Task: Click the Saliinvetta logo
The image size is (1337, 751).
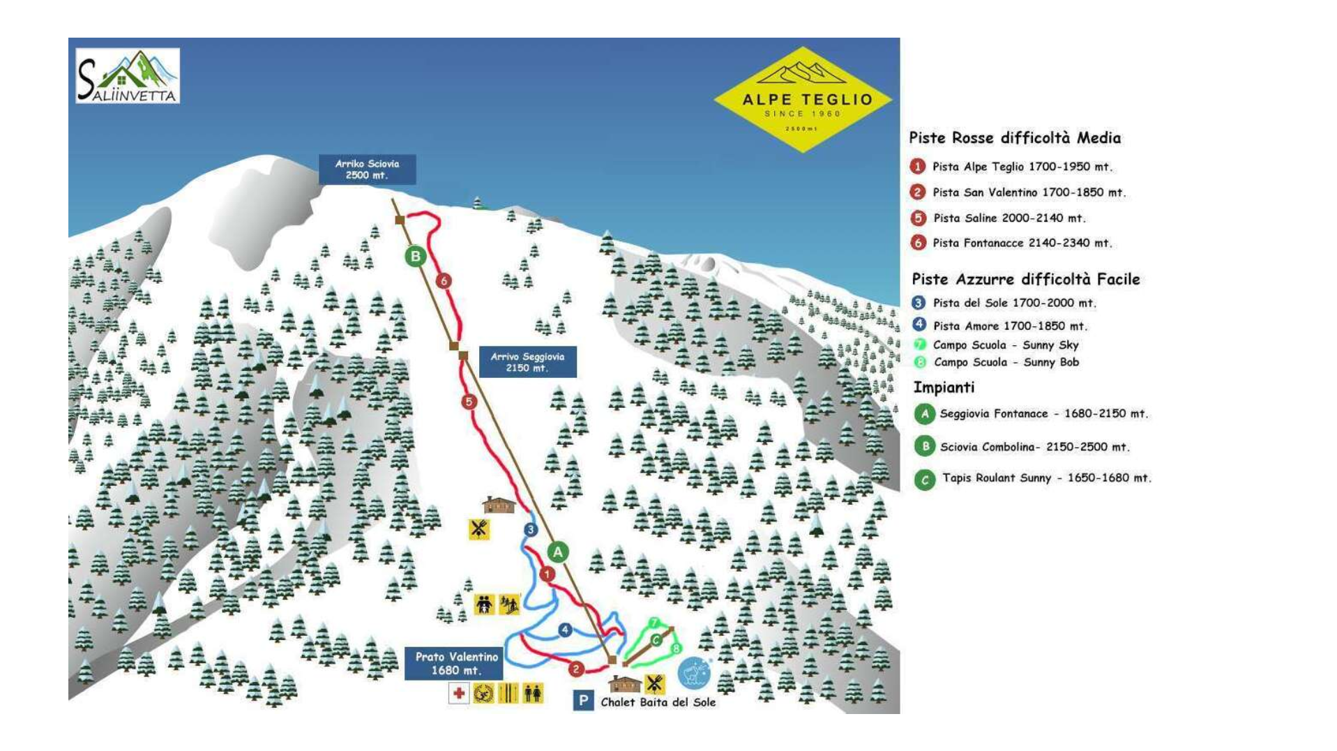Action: pyautogui.click(x=128, y=76)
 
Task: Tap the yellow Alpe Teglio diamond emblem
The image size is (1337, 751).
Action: pyautogui.click(x=803, y=100)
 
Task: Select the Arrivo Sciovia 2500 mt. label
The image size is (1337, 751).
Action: pyautogui.click(x=367, y=169)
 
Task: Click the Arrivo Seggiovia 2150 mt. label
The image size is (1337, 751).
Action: pyautogui.click(x=527, y=362)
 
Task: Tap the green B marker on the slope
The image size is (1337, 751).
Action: pyautogui.click(x=416, y=256)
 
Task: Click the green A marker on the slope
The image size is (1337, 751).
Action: pyautogui.click(x=557, y=552)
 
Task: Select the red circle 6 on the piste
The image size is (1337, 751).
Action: pyautogui.click(x=444, y=281)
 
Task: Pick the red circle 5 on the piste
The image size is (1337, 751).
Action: pyautogui.click(x=469, y=402)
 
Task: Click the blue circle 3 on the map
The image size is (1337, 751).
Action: pyautogui.click(x=531, y=530)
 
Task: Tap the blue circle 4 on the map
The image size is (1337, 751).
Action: pyautogui.click(x=565, y=630)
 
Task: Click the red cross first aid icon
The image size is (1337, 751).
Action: pyautogui.click(x=458, y=693)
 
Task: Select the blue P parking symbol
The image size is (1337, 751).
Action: pyautogui.click(x=583, y=700)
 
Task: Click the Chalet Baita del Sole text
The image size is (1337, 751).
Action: pyautogui.click(x=658, y=702)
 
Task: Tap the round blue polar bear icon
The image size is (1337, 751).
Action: pyautogui.click(x=693, y=673)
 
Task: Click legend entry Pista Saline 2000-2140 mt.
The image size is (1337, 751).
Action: pyautogui.click(x=1009, y=218)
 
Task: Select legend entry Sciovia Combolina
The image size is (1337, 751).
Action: pyautogui.click(x=1034, y=447)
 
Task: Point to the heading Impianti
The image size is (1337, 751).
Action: pyautogui.click(x=944, y=388)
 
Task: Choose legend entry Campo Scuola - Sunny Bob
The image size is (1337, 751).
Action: pyautogui.click(x=1006, y=363)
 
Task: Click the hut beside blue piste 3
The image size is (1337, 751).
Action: pyautogui.click(x=498, y=505)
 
